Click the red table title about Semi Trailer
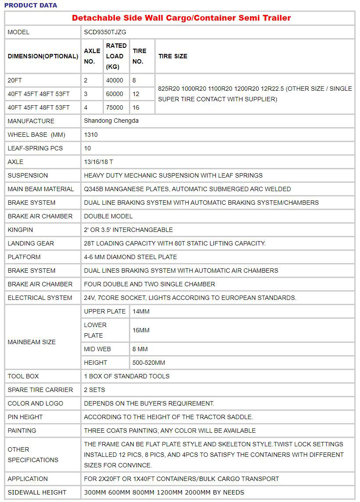pyautogui.click(x=181, y=18)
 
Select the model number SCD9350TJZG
pyautogui.click(x=105, y=32)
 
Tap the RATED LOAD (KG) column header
pyautogui.click(x=116, y=56)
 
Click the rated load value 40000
pyautogui.click(x=115, y=80)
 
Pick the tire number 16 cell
pyautogui.click(x=136, y=107)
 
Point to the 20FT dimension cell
pyautogui.click(x=16, y=80)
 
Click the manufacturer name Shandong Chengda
pyautogui.click(x=111, y=121)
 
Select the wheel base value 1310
pyautogui.click(x=91, y=135)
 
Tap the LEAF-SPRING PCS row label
pyautogui.click(x=35, y=148)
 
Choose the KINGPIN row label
pyautogui.click(x=20, y=230)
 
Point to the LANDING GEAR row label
pyautogui.click(x=31, y=243)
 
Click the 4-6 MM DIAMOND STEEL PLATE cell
pyautogui.click(x=131, y=257)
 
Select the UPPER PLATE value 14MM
pyautogui.click(x=141, y=311)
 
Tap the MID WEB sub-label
pyautogui.click(x=97, y=349)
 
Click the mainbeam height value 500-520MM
pyautogui.click(x=149, y=363)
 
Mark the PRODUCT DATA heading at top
pyautogui.click(x=31, y=5)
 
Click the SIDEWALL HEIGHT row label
pyautogui.click(x=37, y=492)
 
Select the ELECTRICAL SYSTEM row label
pyautogui.click(x=40, y=298)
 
